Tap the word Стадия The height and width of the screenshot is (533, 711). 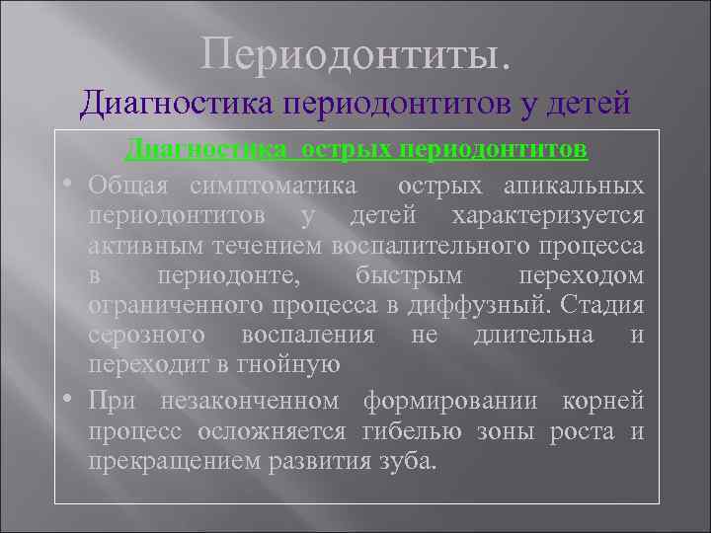click(604, 304)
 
